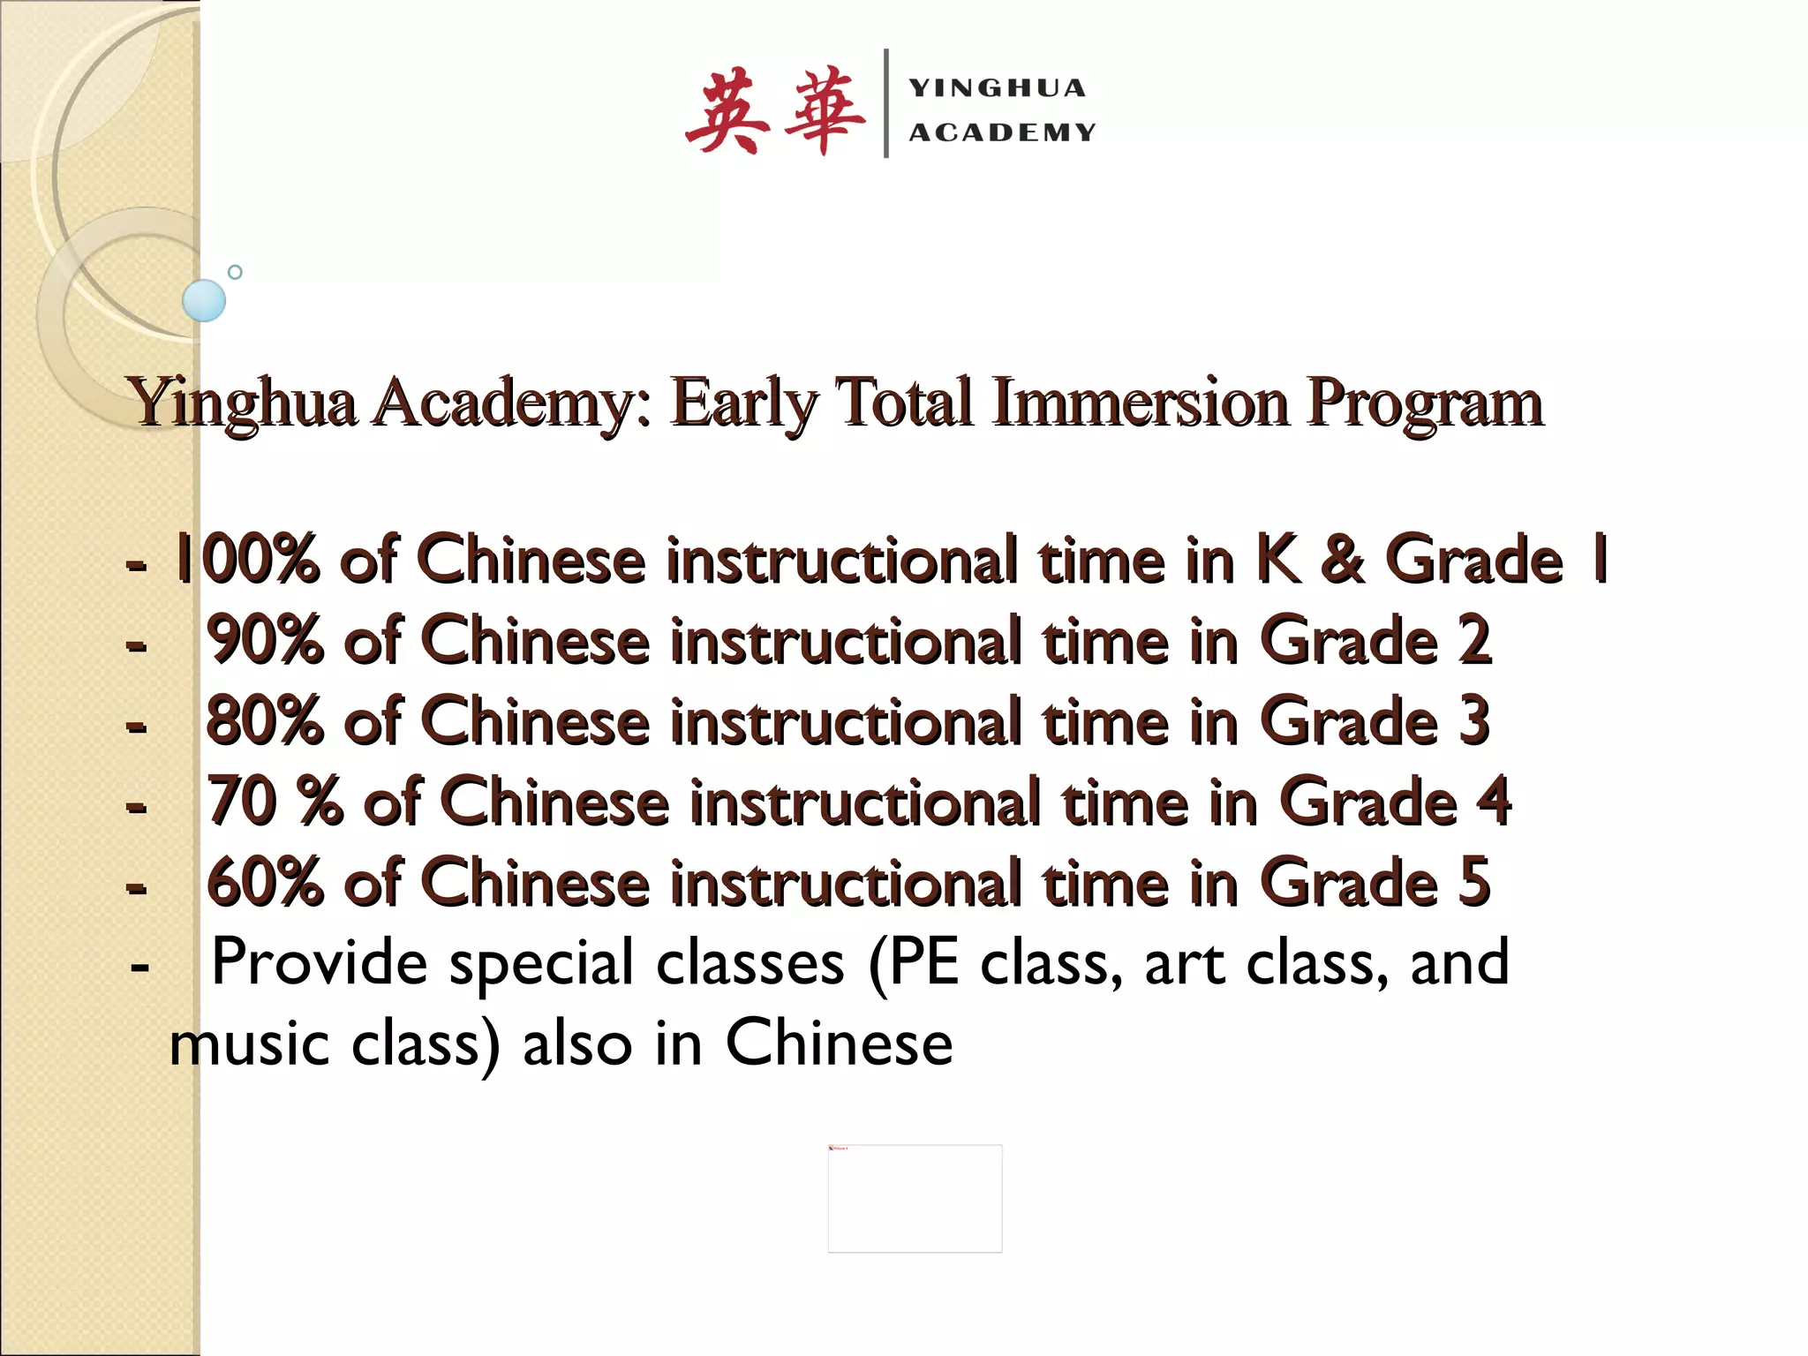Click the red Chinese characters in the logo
(774, 111)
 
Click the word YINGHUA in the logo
(998, 88)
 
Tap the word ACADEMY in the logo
(1003, 132)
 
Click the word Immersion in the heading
(1140, 403)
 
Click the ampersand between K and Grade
(1343, 559)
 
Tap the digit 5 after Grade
(1474, 882)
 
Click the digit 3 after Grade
(1474, 720)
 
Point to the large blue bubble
(204, 300)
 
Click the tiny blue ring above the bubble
(235, 272)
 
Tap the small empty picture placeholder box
(915, 1198)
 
